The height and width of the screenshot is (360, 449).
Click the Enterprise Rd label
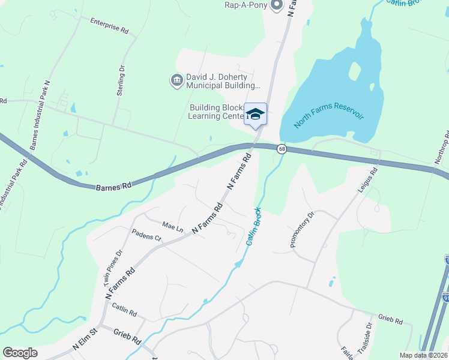click(x=109, y=25)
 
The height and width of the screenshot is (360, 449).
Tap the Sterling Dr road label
click(x=121, y=77)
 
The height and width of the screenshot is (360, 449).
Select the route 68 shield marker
click(x=281, y=148)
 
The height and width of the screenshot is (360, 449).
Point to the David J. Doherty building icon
click(x=176, y=80)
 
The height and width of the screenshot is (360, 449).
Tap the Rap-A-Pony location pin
click(x=276, y=5)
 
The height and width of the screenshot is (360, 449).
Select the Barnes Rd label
click(x=113, y=187)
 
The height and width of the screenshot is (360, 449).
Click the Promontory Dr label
click(x=302, y=229)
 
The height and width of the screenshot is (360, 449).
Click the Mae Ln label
click(x=172, y=227)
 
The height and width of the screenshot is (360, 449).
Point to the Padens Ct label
click(x=147, y=238)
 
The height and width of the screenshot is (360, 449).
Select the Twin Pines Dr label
click(x=110, y=263)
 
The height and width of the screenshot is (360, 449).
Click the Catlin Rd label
click(x=125, y=309)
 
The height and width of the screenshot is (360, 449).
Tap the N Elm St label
click(x=85, y=339)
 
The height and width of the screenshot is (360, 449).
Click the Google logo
click(x=20, y=353)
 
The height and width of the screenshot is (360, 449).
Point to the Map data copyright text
click(x=423, y=355)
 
